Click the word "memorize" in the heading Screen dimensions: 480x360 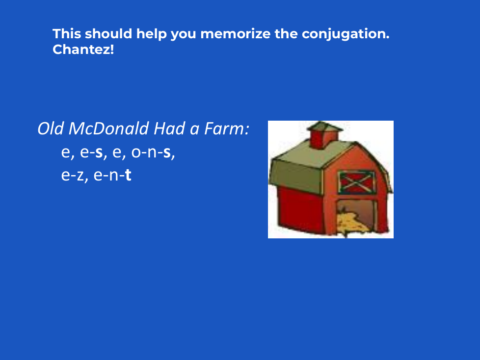click(x=235, y=34)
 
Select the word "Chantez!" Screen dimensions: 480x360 click(x=83, y=49)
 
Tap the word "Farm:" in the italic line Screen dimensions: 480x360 click(x=227, y=129)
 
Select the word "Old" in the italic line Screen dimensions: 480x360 click(x=51, y=129)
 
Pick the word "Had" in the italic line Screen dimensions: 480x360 click(x=169, y=129)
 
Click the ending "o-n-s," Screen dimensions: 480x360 click(x=153, y=152)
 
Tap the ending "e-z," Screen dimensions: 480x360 click(x=75, y=176)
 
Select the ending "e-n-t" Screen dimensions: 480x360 click(x=112, y=175)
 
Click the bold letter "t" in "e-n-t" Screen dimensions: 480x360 click(x=128, y=175)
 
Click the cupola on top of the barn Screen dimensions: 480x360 click(x=324, y=134)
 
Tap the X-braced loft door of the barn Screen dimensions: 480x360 click(x=357, y=182)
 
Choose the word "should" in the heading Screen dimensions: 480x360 click(x=108, y=34)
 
